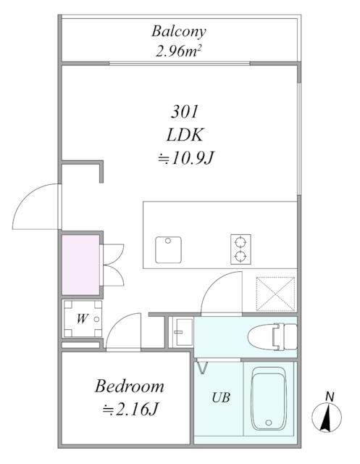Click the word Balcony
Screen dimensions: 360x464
point(178,32)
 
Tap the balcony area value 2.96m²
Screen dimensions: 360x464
point(178,52)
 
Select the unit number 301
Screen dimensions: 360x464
point(185,112)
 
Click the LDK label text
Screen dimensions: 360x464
point(185,135)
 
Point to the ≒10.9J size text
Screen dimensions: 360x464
point(185,158)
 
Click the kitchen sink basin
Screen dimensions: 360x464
point(168,249)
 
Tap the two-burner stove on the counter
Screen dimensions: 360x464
point(240,249)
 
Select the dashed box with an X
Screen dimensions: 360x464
point(275,294)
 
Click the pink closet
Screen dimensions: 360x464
point(80,265)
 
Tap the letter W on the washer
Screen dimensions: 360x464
point(82,319)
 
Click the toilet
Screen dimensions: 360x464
point(272,337)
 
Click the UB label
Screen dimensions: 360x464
point(221,397)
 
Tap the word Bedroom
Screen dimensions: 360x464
point(129,386)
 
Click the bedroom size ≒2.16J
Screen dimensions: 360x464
point(129,410)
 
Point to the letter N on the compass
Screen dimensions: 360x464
point(330,397)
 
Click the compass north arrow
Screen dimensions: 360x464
point(327,417)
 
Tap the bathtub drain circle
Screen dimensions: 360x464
point(269,422)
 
